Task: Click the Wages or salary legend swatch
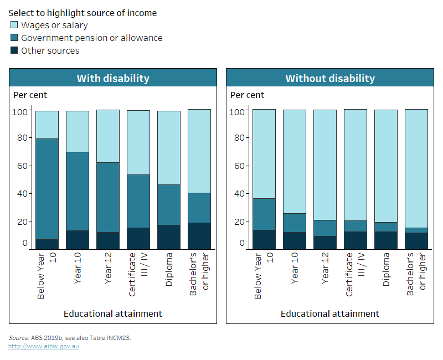pyautogui.click(x=14, y=25)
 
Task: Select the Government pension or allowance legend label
pyautogui.click(x=91, y=38)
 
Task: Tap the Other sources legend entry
pyautogui.click(x=50, y=50)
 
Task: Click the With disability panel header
pyautogui.click(x=113, y=78)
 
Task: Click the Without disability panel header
pyautogui.click(x=330, y=78)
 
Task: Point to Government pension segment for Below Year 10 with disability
pyautogui.click(x=47, y=188)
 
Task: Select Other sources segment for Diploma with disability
pyautogui.click(x=168, y=237)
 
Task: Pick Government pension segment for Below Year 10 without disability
pyautogui.click(x=264, y=214)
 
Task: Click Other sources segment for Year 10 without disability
pyautogui.click(x=295, y=240)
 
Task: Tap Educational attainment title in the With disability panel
pyautogui.click(x=113, y=313)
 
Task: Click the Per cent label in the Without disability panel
pyautogui.click(x=247, y=95)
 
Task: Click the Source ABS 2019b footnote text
pyautogui.click(x=69, y=337)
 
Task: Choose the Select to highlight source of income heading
pyautogui.click(x=83, y=13)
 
